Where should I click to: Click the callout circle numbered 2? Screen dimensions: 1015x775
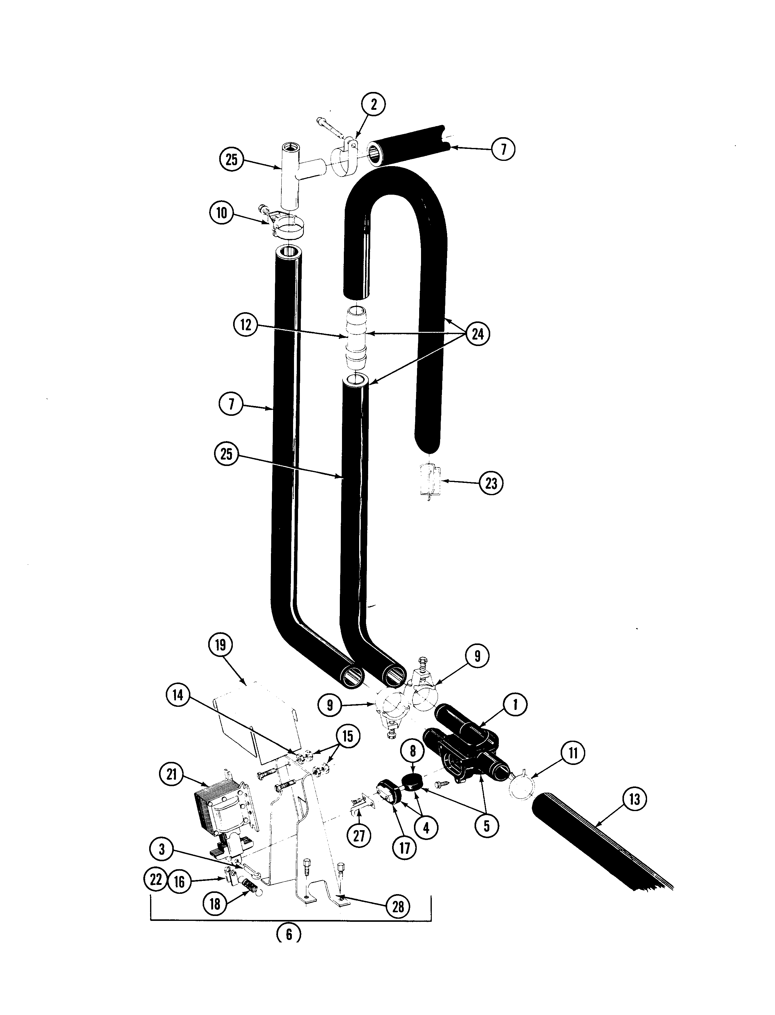point(373,104)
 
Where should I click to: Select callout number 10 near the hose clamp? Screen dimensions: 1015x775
point(222,213)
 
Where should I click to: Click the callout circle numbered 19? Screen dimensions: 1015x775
point(221,645)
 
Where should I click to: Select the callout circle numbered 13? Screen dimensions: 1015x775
point(634,799)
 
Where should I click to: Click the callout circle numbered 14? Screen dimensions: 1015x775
point(178,695)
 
